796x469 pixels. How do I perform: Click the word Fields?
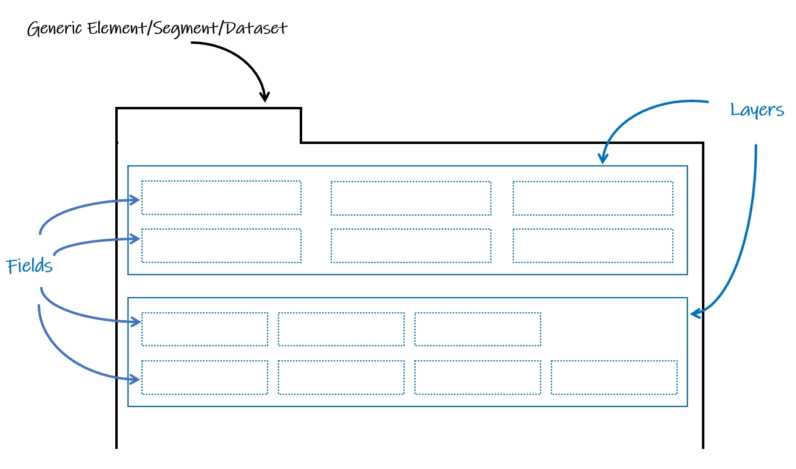click(x=29, y=266)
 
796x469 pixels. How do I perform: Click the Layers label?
click(x=757, y=110)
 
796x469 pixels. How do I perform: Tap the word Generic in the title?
click(x=55, y=29)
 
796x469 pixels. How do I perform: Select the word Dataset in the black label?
click(x=254, y=29)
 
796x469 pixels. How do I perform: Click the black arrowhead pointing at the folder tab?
click(x=265, y=98)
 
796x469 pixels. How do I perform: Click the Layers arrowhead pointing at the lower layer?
click(x=695, y=313)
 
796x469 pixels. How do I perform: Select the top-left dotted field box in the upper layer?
click(x=221, y=198)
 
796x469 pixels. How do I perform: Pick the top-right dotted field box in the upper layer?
click(x=593, y=198)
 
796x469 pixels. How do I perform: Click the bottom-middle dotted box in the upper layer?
click(x=411, y=245)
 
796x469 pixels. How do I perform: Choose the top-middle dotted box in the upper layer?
click(x=411, y=198)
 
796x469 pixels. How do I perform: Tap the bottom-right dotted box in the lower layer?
click(x=614, y=377)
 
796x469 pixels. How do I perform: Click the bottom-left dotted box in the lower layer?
click(x=204, y=377)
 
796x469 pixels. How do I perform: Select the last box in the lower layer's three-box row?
click(x=477, y=329)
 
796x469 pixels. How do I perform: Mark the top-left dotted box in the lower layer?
click(x=204, y=329)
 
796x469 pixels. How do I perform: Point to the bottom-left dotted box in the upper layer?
click(x=221, y=245)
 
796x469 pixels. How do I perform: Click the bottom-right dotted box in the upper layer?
click(x=593, y=245)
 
